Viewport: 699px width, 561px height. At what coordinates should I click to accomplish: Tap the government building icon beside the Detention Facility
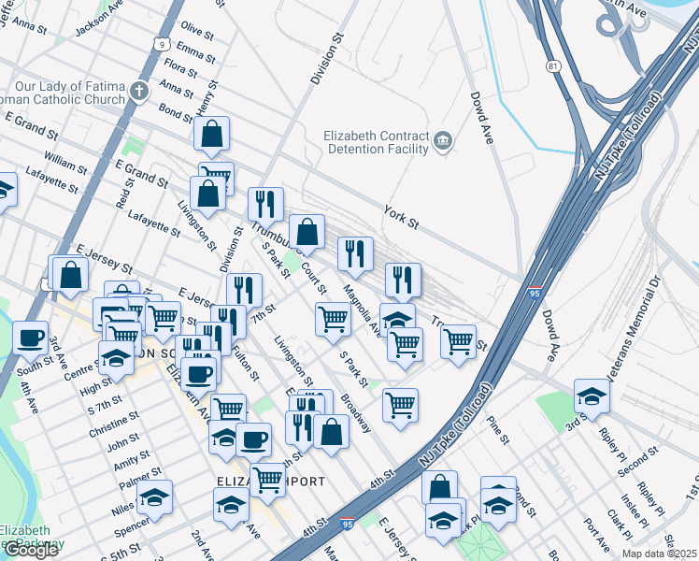tap(444, 142)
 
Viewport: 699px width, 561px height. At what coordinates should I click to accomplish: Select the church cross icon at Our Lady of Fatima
tap(139, 91)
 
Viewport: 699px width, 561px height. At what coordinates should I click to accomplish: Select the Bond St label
tap(175, 112)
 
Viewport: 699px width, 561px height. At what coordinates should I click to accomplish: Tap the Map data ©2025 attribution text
tap(659, 554)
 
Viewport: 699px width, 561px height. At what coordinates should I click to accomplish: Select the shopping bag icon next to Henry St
tap(212, 134)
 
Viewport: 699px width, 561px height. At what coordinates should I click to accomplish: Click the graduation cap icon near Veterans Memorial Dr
tap(592, 395)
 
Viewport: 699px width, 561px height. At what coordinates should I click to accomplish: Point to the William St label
tap(65, 166)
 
